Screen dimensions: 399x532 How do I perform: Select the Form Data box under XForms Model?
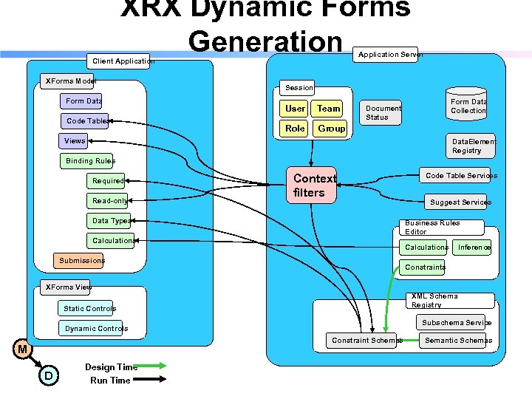(82, 101)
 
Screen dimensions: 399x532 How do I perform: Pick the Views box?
(75, 140)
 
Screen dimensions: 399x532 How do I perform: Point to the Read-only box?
(109, 200)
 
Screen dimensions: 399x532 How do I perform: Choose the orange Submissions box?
(81, 260)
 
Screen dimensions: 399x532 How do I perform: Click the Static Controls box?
(89, 308)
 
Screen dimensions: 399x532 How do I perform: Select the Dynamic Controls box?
(95, 328)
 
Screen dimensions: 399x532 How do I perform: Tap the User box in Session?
(295, 108)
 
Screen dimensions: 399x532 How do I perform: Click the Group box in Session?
(331, 128)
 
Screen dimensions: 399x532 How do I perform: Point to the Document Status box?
(383, 112)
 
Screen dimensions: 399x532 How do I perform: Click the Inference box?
(473, 247)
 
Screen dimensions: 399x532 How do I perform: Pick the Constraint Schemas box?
(366, 340)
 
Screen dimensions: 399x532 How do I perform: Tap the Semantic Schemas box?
(457, 340)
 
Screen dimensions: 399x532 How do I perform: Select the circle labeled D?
(48, 376)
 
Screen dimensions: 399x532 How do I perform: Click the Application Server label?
(389, 55)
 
